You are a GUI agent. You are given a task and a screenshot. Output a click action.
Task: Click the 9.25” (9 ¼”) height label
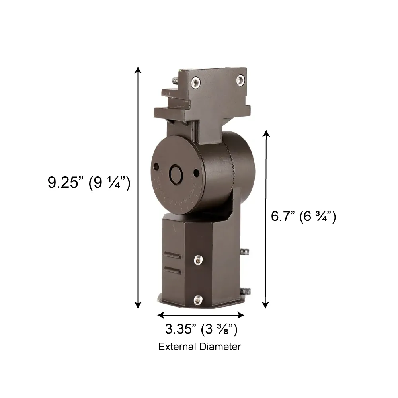coord(89,183)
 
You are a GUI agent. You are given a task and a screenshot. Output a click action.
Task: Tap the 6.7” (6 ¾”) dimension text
coord(304,217)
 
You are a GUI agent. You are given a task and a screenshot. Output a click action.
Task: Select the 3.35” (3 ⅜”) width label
coord(201,329)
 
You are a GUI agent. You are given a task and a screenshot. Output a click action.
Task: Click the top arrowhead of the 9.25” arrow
coord(138,70)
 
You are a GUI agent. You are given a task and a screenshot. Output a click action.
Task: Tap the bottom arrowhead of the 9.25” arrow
coord(138,305)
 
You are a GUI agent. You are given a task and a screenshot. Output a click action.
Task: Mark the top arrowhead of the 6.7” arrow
coord(266,133)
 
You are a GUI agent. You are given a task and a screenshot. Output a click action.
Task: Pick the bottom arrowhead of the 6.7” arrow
coord(265,305)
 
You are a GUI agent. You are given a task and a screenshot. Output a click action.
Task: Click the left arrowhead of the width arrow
coord(161,315)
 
